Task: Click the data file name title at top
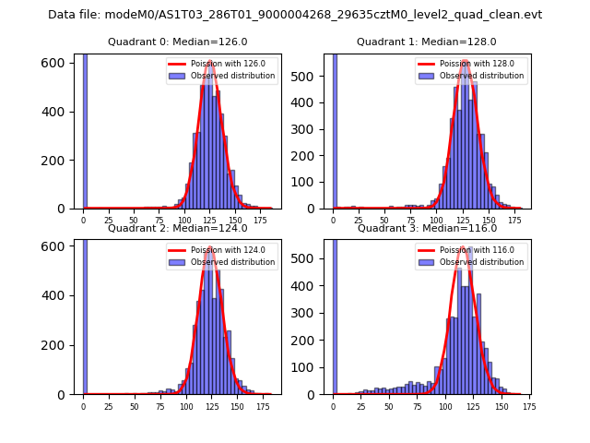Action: click(x=295, y=15)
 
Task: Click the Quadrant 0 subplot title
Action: click(x=177, y=42)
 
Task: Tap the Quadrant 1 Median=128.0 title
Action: click(x=426, y=42)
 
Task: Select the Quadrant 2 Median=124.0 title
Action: click(x=177, y=228)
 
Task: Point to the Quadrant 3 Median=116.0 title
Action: click(x=426, y=228)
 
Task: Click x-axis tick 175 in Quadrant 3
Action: click(x=529, y=405)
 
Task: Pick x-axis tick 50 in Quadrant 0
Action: click(x=135, y=220)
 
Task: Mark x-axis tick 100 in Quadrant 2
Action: click(x=186, y=405)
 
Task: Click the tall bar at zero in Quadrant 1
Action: click(x=334, y=129)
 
